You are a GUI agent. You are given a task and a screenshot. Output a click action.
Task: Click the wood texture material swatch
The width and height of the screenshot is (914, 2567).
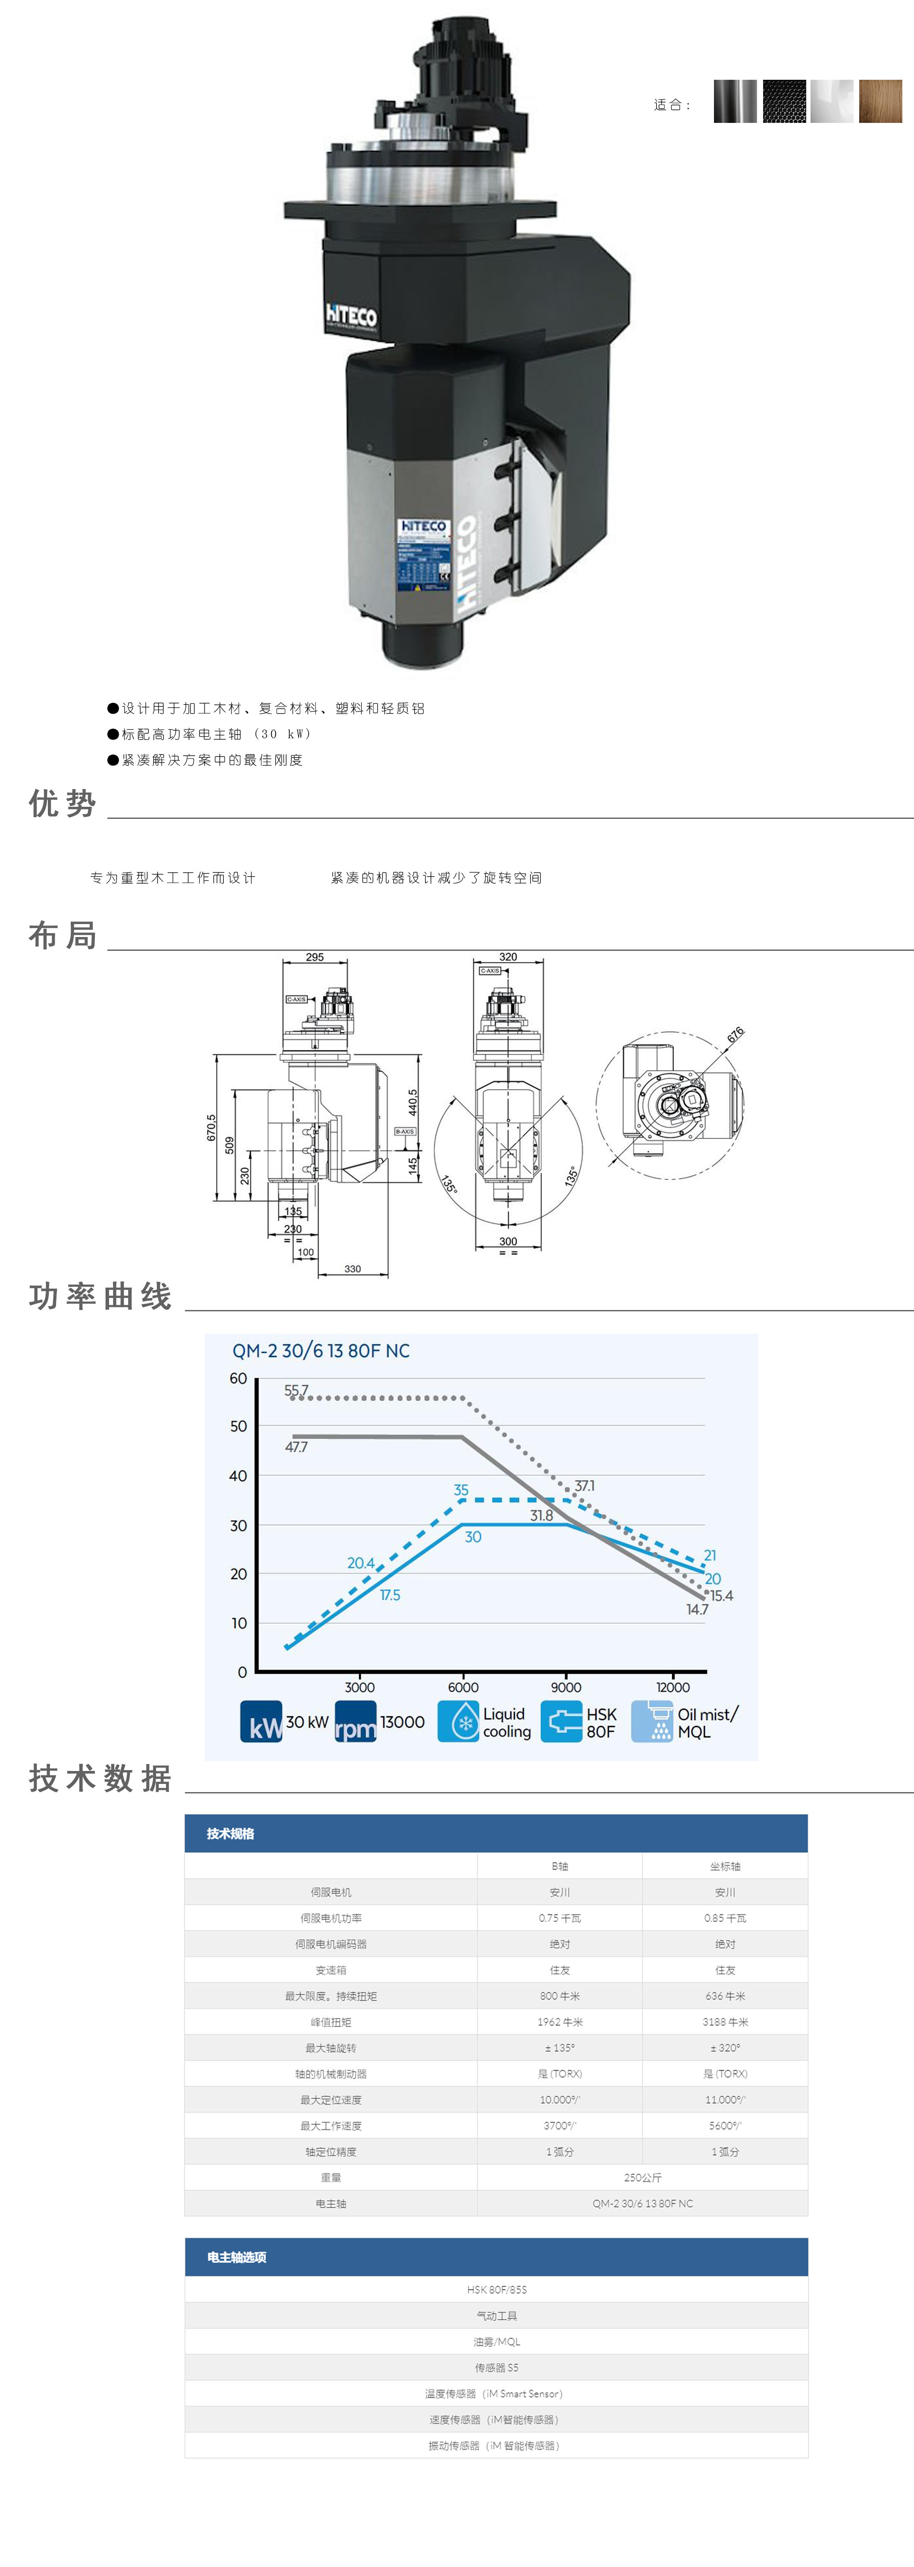click(x=880, y=102)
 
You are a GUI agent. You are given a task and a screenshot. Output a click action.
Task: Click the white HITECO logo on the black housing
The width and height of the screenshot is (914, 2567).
click(x=351, y=316)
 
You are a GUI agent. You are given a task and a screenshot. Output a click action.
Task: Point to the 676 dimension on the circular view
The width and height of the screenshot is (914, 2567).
click(x=735, y=1035)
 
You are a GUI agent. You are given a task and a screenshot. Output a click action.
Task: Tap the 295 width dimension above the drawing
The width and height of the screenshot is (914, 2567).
click(x=315, y=957)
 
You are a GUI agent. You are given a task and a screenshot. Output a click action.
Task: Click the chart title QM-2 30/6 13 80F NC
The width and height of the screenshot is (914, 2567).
click(x=321, y=1350)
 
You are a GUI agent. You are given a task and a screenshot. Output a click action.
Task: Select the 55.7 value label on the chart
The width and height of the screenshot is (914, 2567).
click(x=296, y=1390)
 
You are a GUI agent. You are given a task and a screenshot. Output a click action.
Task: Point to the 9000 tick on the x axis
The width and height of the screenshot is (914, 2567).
click(x=566, y=1687)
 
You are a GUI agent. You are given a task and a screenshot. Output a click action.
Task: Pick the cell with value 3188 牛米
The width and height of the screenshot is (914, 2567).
click(x=725, y=2022)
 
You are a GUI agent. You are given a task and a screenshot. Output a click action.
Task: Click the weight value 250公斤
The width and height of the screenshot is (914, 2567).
click(x=642, y=2177)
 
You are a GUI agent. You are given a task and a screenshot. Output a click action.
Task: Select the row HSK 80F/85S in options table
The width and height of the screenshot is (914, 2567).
click(x=496, y=2290)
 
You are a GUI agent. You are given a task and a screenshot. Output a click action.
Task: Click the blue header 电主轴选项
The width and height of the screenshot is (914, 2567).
click(x=237, y=2257)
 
